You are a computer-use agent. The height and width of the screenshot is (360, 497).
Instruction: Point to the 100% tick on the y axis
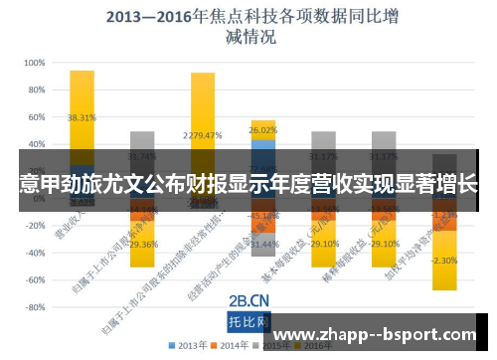[33, 62]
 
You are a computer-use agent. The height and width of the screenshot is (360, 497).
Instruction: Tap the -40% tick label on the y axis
[33, 253]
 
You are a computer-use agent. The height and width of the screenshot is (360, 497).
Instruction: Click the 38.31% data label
[83, 117]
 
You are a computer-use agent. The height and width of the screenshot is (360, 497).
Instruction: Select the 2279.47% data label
[203, 135]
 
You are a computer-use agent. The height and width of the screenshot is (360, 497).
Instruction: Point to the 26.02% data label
[263, 130]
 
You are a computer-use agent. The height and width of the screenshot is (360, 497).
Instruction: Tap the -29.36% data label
[143, 244]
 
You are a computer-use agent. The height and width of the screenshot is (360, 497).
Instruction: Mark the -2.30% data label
[444, 261]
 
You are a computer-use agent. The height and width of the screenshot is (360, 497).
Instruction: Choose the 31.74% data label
[143, 156]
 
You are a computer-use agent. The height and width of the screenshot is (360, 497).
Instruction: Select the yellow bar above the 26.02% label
[263, 122]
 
